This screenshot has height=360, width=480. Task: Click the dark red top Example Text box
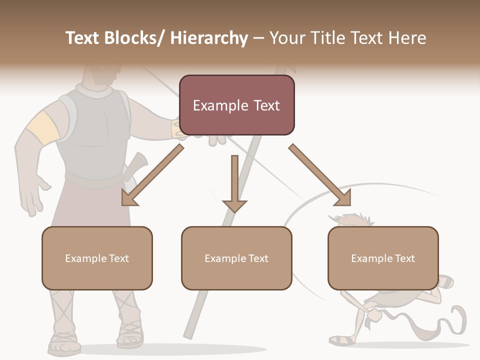click(236, 105)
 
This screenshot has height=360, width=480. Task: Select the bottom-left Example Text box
click(97, 258)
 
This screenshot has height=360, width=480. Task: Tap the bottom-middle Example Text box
click(236, 258)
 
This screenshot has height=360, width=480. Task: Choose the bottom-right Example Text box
click(383, 258)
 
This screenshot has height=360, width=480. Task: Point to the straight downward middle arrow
click(234, 183)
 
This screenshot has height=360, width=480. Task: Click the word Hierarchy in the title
click(209, 38)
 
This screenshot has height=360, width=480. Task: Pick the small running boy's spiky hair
click(352, 220)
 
